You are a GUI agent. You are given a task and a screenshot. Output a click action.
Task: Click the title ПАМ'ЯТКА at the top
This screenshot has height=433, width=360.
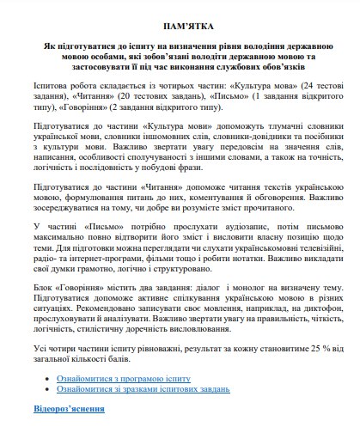click(180, 27)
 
